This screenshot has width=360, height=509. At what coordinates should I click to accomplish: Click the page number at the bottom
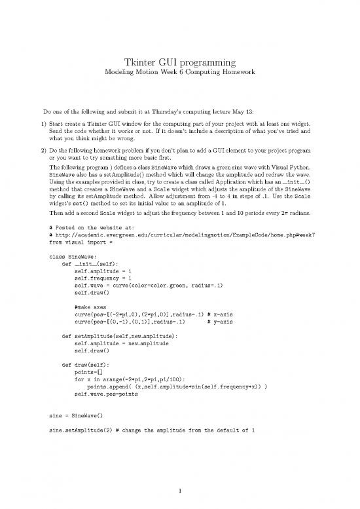point(180,489)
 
